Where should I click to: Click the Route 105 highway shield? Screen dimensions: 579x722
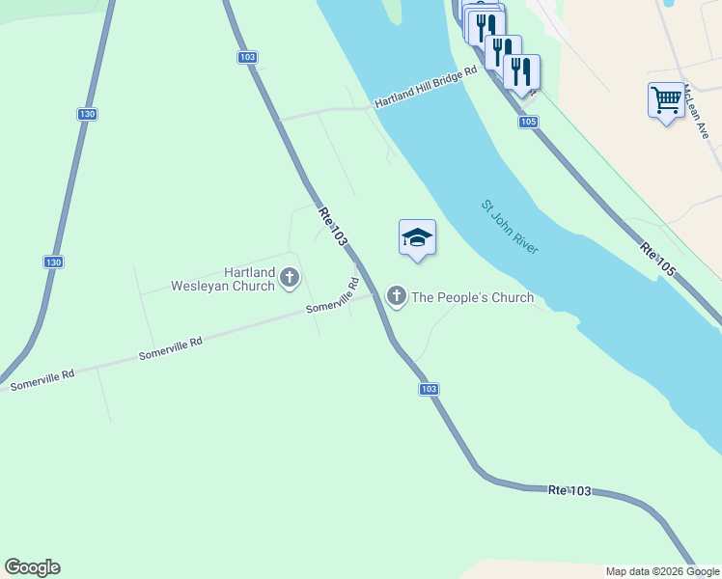tap(527, 122)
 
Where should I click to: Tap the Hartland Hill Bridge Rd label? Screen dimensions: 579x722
tap(426, 87)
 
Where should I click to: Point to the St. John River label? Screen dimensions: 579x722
tap(510, 227)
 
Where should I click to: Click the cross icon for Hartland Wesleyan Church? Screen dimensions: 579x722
tap(289, 280)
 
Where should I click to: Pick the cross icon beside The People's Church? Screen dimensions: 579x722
tap(396, 295)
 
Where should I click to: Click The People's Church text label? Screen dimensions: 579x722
tap(472, 297)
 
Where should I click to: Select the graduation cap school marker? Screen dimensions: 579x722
tap(417, 237)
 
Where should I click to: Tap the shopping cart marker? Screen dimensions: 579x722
tap(666, 99)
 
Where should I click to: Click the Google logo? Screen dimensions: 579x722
tap(32, 567)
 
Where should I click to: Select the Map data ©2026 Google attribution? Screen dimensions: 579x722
tap(662, 571)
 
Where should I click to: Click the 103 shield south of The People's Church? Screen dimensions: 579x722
tap(430, 389)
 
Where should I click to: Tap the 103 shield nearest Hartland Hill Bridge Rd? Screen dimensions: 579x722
tap(247, 58)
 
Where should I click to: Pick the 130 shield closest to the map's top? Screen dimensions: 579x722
tap(87, 114)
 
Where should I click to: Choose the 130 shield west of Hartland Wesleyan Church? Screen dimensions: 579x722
tap(54, 262)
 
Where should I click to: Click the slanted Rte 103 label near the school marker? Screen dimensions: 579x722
tap(332, 229)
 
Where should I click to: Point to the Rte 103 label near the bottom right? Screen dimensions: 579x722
tap(569, 491)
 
